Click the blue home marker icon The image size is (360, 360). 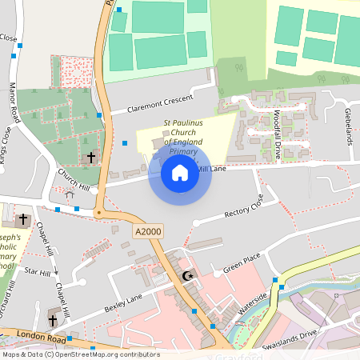tap(180, 173)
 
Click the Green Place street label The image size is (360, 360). tap(242, 265)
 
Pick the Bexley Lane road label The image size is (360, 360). tap(122, 303)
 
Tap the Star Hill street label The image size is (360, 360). tap(37, 272)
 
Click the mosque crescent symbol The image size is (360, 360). tap(189, 276)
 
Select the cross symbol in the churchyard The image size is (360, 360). tap(90, 158)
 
